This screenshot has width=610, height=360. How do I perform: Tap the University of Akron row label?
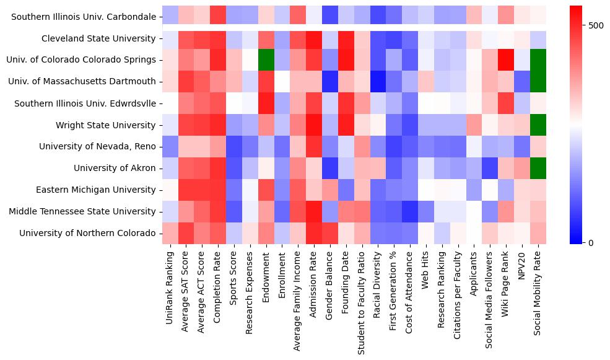pyautogui.click(x=115, y=168)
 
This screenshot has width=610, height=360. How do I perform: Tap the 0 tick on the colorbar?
pyautogui.click(x=574, y=242)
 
